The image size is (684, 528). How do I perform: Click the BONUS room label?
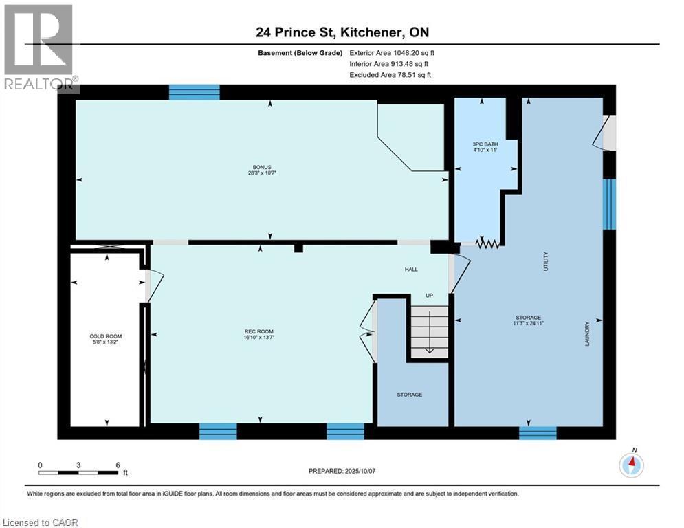[261, 167]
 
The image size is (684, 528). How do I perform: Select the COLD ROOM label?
[106, 336]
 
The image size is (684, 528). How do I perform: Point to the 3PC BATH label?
[485, 144]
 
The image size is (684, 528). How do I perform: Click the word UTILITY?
[547, 261]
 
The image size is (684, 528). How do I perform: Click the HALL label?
[411, 269]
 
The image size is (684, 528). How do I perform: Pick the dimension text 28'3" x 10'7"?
[261, 173]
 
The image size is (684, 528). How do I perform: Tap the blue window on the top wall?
[194, 91]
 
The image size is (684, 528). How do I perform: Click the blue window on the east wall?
[608, 203]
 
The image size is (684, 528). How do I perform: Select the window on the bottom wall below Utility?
[537, 432]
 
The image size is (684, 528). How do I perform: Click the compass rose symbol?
[630, 465]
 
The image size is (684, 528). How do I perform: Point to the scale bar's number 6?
[118, 465]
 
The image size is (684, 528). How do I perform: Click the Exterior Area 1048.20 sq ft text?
[393, 52]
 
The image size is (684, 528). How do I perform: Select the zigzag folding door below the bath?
[487, 243]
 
